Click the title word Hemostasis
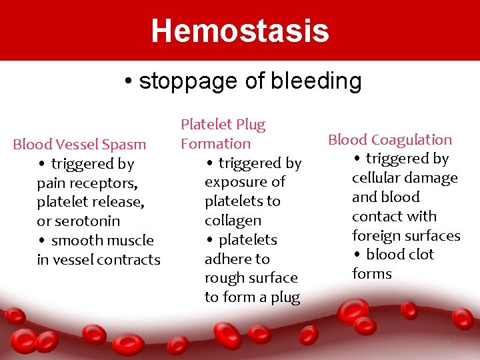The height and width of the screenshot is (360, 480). (240, 31)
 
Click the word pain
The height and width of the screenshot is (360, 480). (51, 183)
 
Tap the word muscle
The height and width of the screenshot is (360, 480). (129, 241)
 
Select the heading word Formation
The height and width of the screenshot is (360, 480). (215, 144)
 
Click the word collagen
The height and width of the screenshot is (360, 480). (233, 221)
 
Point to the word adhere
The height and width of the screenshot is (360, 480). (227, 259)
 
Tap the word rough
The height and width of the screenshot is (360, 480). (225, 279)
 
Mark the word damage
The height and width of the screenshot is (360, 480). (433, 178)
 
